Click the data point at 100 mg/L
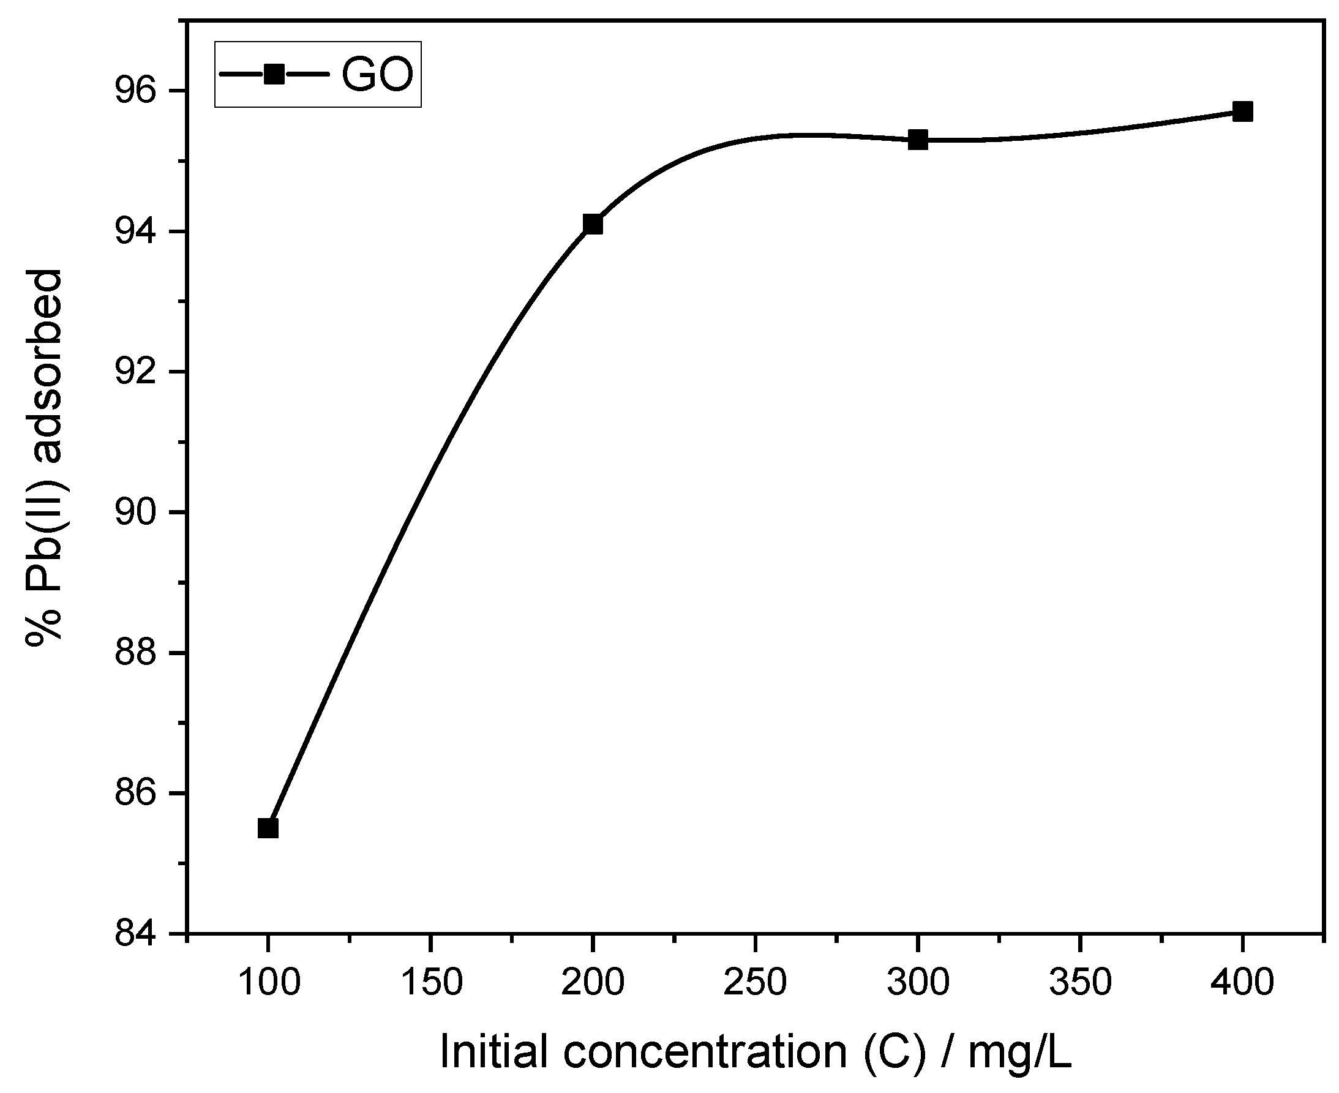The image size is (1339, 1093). pos(268,828)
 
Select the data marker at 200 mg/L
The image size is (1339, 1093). pos(593,224)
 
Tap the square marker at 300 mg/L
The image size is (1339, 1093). pos(918,140)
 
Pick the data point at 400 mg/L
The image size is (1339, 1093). pos(1243,111)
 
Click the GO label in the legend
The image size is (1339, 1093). pos(377,74)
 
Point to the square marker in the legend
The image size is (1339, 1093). pos(274,74)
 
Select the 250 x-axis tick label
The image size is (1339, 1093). pos(755,982)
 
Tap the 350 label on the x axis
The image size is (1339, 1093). pos(1080,982)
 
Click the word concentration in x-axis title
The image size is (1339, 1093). pos(705,1052)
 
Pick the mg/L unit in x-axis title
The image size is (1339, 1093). pos(1019,1052)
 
